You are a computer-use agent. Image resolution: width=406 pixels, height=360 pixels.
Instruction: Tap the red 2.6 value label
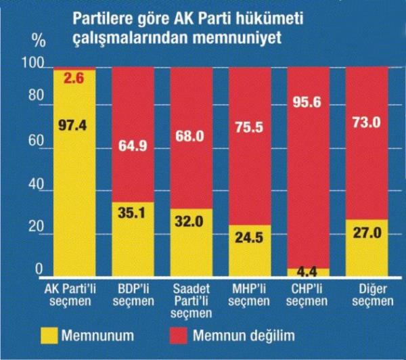coord(74,78)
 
